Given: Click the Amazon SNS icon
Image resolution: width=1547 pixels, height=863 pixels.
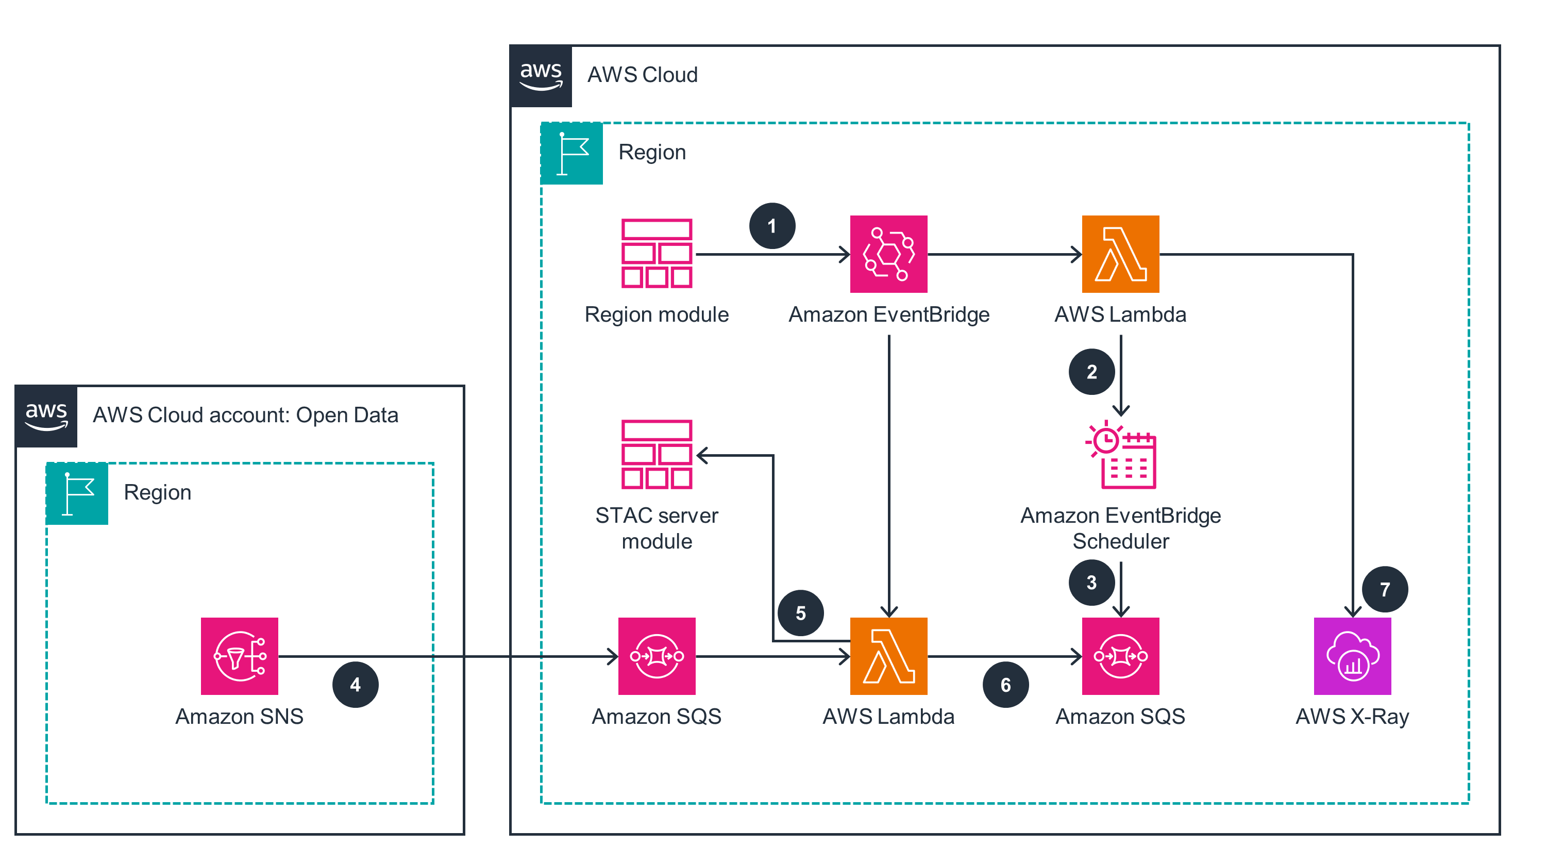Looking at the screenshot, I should coord(239,656).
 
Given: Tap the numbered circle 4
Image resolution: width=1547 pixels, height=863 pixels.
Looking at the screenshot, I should coord(355,685).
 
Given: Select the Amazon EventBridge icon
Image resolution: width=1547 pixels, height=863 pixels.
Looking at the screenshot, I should coord(888,254).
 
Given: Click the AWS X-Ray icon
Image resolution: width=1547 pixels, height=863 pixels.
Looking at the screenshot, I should coord(1352,656).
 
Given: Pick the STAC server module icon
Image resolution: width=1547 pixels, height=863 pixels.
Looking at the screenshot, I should coord(657,454).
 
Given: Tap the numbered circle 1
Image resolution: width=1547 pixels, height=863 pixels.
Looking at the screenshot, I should coord(772,226).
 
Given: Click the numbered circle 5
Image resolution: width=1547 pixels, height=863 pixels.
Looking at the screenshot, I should coord(800,613).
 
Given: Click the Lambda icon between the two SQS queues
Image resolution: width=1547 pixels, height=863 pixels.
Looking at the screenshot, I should coord(888,656).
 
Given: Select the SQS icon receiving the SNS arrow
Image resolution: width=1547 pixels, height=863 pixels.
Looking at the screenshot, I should coord(657,656).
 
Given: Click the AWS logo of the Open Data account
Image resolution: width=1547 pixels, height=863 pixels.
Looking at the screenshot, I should coord(46,416).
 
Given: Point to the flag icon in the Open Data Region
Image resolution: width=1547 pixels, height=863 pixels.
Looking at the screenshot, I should coord(77,493).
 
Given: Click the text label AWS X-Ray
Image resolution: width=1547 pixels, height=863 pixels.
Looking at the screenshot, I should coord(1352,717).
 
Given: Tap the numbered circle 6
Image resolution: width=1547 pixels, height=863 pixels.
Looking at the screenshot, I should coord(1005,685).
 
